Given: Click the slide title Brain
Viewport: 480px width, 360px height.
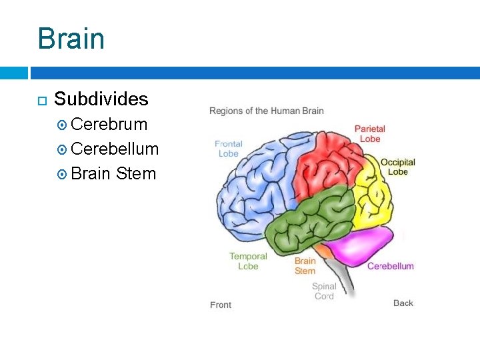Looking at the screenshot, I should [x=71, y=38].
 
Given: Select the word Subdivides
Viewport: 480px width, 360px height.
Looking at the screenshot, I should [x=101, y=99].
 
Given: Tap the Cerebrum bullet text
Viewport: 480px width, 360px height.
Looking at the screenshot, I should [x=109, y=125].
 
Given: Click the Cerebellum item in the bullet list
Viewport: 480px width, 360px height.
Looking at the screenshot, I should [x=115, y=149].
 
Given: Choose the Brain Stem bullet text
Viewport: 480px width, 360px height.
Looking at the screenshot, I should [x=113, y=174].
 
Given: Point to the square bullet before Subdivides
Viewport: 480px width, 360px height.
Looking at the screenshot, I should [x=41, y=101].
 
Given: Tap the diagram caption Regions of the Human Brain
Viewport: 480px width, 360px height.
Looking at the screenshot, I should [x=267, y=111].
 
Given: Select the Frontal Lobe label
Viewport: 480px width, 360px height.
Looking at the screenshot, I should [x=229, y=149].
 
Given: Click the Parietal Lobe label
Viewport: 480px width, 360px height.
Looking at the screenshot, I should [x=369, y=133].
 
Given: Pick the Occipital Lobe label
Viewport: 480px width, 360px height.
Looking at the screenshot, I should [x=398, y=167].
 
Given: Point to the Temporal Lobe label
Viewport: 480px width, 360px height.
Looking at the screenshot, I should [x=248, y=261].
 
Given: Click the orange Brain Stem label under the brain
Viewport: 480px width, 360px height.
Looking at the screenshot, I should [x=305, y=265].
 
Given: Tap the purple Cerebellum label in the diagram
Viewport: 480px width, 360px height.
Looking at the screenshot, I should [x=391, y=266].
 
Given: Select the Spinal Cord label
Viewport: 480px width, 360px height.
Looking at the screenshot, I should [x=324, y=291].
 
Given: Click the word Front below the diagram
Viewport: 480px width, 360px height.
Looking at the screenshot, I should [x=221, y=305].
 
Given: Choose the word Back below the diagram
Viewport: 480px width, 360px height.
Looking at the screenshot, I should [x=403, y=303].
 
